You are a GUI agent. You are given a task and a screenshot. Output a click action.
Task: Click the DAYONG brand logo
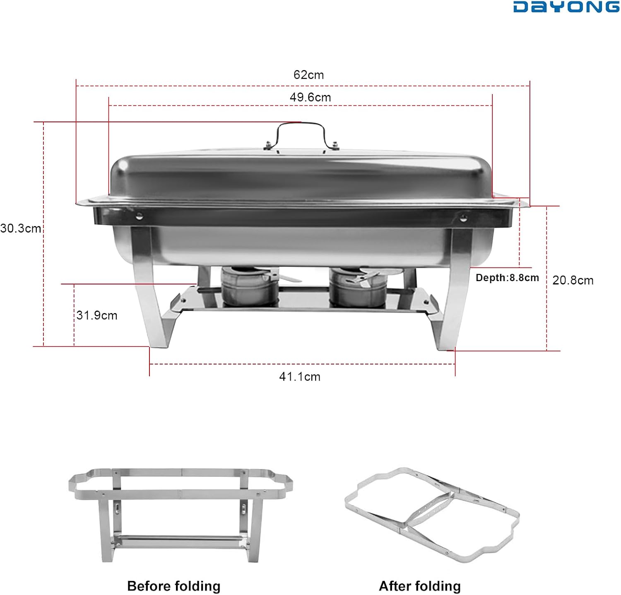click(x=566, y=7)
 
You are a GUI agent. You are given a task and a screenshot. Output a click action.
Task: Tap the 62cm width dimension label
click(x=308, y=75)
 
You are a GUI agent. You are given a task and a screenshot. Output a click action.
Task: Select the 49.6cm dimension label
click(x=310, y=97)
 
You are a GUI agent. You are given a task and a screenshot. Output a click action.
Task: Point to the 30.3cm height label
click(x=21, y=228)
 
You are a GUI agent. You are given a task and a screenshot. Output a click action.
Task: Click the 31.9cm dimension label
click(x=97, y=316)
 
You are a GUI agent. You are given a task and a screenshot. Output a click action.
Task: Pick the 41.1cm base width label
click(x=300, y=376)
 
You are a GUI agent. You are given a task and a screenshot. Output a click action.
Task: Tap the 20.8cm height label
click(x=573, y=280)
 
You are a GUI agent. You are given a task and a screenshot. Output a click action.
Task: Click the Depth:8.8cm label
click(x=507, y=278)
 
